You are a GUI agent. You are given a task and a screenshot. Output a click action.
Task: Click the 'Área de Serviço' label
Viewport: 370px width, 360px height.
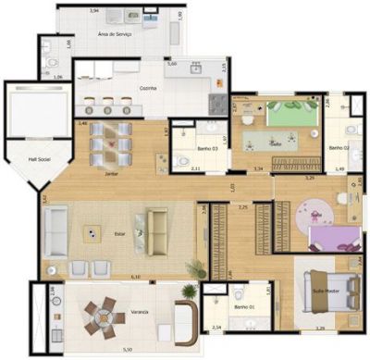point(117,34)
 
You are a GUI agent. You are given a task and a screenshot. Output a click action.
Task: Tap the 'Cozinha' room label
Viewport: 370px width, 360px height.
point(149,87)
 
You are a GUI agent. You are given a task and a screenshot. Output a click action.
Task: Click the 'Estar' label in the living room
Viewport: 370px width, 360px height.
point(119,234)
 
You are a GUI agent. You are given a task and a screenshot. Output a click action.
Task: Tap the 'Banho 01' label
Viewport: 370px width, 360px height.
point(244,306)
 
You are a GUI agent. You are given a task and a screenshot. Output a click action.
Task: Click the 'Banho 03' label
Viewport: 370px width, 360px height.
point(208,148)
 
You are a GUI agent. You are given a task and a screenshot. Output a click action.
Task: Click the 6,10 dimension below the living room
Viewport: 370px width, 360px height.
point(136,276)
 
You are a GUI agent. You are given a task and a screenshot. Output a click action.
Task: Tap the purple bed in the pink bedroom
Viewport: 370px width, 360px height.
point(333,243)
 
